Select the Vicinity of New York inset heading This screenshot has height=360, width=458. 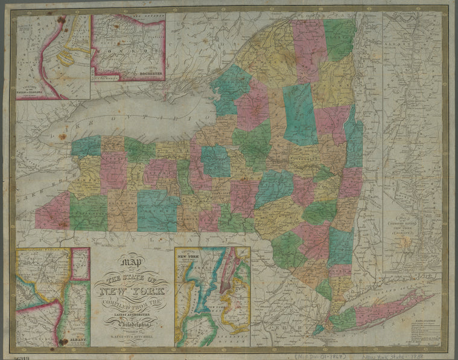pos(191,256)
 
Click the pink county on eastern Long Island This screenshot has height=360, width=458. pos(386,310)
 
